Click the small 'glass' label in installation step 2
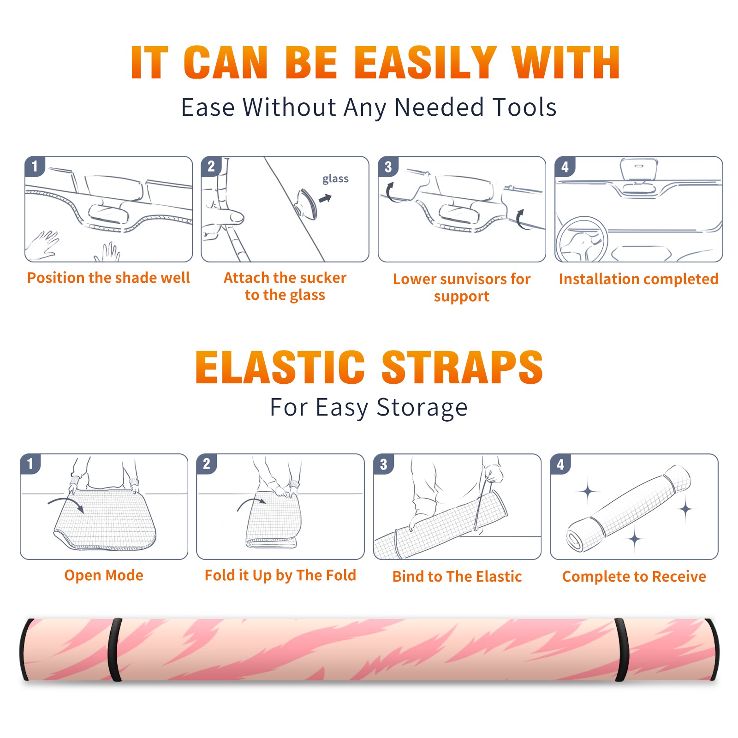pos(335,179)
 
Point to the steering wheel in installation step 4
pos(581,240)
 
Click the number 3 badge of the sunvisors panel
pos(388,167)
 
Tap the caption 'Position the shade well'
pos(108,278)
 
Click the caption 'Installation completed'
pos(638,279)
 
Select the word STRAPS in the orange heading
pos(462,367)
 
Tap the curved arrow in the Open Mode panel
pos(66,503)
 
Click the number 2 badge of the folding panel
pos(207,464)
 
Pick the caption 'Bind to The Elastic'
pos(457,576)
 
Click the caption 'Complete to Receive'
pos(634,576)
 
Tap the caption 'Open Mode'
pos(104,575)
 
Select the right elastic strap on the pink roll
pos(622,650)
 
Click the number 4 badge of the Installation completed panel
pos(565,167)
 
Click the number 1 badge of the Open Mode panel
pos(30,464)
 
